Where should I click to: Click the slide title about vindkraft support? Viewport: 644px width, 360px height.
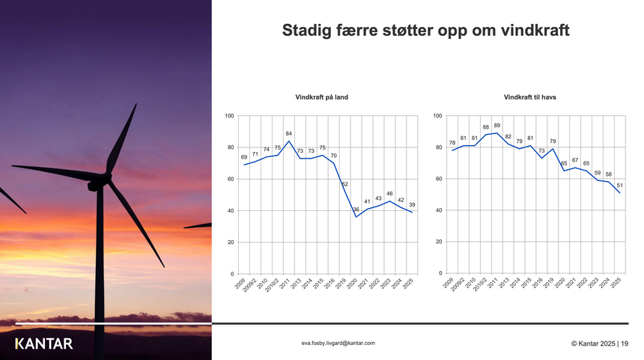point(426,31)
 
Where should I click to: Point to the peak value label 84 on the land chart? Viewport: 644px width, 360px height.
point(289,133)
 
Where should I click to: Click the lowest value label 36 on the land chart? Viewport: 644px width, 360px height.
point(356,210)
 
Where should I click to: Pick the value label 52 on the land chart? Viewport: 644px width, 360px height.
point(345,184)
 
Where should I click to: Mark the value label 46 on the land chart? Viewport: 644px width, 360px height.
point(390,194)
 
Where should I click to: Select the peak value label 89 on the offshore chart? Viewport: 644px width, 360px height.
point(497,125)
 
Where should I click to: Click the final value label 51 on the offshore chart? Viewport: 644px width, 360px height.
point(620,185)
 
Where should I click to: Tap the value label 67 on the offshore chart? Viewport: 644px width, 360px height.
point(575,160)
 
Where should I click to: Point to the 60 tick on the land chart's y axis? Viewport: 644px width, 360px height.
point(230,180)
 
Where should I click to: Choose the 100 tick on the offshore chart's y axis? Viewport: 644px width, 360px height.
point(437,116)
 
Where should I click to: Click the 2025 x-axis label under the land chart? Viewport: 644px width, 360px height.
point(409,286)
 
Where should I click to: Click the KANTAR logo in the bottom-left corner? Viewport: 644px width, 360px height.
point(44,344)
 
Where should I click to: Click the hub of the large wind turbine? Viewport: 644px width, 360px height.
point(105,179)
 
